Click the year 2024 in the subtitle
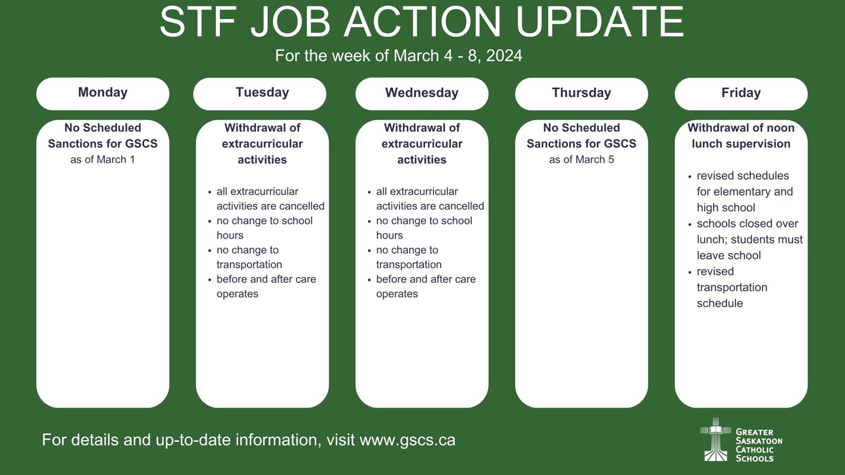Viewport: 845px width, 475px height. click(x=504, y=56)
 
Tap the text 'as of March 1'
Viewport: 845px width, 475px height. click(x=102, y=160)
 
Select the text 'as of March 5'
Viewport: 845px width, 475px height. click(x=581, y=160)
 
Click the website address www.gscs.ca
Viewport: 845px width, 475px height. click(x=407, y=440)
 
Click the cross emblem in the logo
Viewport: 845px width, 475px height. click(x=716, y=440)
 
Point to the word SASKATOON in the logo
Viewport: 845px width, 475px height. click(x=759, y=441)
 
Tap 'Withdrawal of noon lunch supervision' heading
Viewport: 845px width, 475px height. click(x=741, y=136)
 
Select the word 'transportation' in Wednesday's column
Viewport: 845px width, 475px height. click(x=409, y=264)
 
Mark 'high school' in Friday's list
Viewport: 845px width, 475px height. click(x=726, y=208)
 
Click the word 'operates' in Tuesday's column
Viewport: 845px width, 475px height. click(x=237, y=294)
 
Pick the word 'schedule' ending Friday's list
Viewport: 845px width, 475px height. click(x=720, y=303)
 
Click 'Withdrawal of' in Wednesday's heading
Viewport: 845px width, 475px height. click(x=422, y=128)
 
